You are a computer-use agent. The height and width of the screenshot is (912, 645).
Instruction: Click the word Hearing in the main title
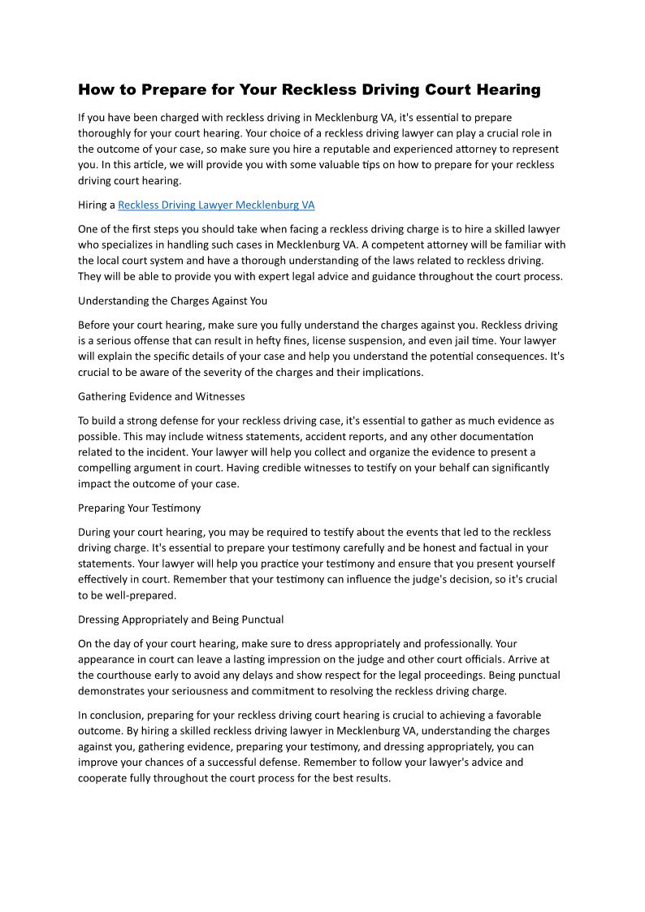coord(504,89)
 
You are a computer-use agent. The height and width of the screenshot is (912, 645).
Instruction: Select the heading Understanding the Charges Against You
coord(172,300)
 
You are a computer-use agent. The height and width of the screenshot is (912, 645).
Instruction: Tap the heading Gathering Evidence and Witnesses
coord(161,396)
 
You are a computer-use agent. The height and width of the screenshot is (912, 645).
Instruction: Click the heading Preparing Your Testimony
coord(139,508)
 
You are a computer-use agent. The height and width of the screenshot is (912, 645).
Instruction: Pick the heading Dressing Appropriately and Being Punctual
coord(180,620)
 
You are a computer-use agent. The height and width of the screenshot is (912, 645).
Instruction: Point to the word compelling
coord(107,468)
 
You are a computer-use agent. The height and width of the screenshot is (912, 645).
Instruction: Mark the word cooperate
coord(107,778)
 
